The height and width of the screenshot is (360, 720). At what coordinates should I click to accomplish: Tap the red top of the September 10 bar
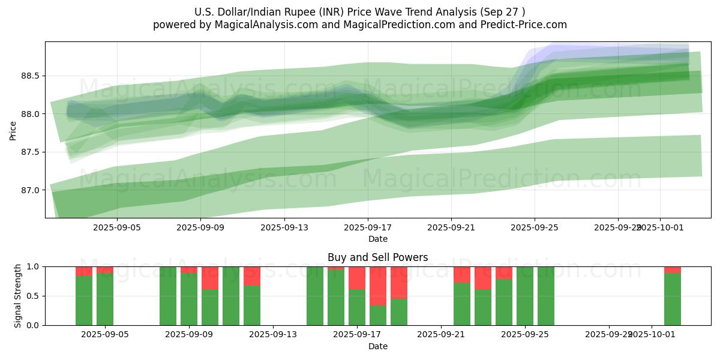point(210,278)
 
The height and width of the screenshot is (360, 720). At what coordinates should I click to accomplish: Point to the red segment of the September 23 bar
point(483,278)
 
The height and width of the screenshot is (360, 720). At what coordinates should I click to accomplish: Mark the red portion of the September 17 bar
point(357,278)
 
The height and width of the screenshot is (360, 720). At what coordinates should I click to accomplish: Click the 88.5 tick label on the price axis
point(31,76)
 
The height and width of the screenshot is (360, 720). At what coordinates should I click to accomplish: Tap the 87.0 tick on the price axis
point(31,190)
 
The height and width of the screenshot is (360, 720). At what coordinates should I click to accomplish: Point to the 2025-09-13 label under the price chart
point(284,228)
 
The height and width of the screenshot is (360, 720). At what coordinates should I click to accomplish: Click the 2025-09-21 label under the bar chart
point(441,335)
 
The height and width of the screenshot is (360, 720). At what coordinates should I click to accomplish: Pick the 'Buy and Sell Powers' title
point(377,258)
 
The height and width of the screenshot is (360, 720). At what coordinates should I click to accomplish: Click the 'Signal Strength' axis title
point(18,296)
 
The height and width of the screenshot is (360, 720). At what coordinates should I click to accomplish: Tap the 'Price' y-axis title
point(13,130)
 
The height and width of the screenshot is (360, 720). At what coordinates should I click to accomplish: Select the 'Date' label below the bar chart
point(377,346)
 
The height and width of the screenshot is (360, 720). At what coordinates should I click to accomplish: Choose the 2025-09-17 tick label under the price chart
point(368,228)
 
